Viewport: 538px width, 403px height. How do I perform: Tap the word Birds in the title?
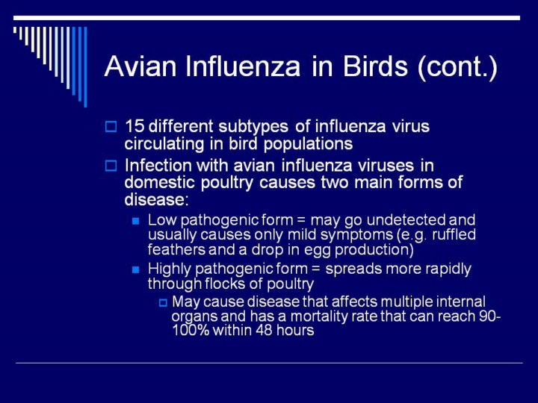pos(375,66)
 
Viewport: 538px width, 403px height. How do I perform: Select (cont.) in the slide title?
pos(457,67)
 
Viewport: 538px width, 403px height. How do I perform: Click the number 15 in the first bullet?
pos(134,126)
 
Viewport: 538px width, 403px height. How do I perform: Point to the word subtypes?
pos(253,127)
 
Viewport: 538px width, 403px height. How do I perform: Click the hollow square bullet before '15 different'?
pos(111,126)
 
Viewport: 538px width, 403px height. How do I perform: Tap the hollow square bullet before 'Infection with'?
pos(111,166)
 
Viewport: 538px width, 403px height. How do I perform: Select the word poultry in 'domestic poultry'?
pos(227,183)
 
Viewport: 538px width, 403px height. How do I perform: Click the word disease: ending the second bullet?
pos(156,199)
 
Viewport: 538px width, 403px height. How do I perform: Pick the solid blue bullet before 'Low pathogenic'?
pos(136,221)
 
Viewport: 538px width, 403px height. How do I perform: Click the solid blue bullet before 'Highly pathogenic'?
pos(136,270)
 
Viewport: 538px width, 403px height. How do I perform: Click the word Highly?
pos(169,269)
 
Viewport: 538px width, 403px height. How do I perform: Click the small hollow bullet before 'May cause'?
pos(163,303)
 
